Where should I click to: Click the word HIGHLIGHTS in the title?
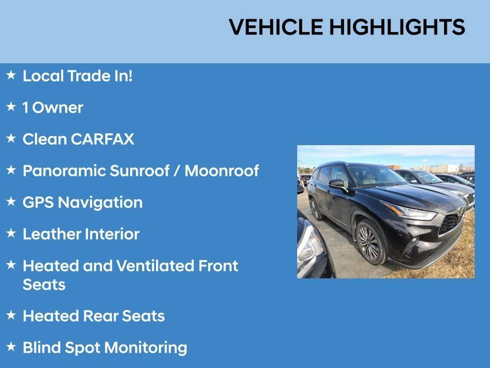pyautogui.click(x=397, y=27)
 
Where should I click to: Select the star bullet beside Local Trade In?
pyautogui.click(x=11, y=75)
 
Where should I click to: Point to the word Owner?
pyautogui.click(x=58, y=107)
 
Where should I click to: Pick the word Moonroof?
pyautogui.click(x=222, y=171)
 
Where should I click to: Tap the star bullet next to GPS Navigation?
pyautogui.click(x=11, y=202)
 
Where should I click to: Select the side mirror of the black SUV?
pyautogui.click(x=337, y=184)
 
